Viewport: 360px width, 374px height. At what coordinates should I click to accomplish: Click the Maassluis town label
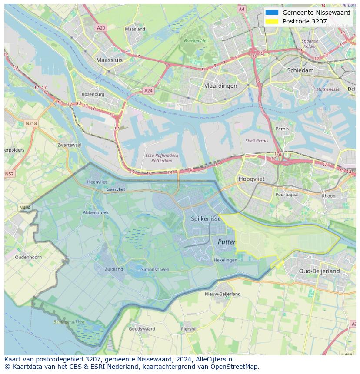(x=109, y=60)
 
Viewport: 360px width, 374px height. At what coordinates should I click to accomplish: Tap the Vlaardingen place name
(x=220, y=86)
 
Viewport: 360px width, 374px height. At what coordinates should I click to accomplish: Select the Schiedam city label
(x=300, y=70)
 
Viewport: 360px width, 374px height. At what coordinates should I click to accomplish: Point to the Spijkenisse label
(x=206, y=219)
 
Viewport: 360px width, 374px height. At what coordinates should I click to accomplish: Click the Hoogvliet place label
(x=252, y=179)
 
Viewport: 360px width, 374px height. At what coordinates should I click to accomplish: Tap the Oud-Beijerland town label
(x=319, y=271)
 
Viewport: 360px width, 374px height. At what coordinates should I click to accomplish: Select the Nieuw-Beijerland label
(x=223, y=294)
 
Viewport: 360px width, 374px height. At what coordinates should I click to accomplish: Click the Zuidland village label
(x=114, y=269)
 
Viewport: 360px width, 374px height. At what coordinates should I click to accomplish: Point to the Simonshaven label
(x=155, y=270)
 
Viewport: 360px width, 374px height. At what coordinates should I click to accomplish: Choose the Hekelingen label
(x=225, y=260)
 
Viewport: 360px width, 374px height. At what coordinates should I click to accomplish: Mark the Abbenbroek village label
(x=95, y=212)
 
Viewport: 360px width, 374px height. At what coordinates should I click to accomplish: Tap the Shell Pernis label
(x=257, y=141)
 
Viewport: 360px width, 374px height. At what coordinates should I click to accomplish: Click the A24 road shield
(x=148, y=91)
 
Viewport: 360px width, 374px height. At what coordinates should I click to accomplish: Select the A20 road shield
(x=101, y=28)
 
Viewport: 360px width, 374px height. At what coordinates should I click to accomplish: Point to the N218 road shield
(x=31, y=123)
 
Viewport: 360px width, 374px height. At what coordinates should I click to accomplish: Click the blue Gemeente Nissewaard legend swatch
(x=272, y=13)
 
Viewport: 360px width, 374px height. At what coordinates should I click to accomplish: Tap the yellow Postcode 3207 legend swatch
(x=272, y=21)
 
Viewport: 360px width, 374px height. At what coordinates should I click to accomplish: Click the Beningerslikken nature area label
(x=69, y=322)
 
